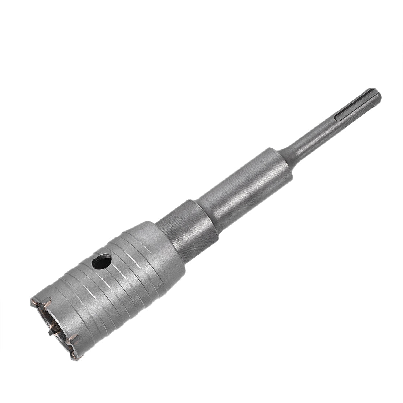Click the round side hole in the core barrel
point(102,262)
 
